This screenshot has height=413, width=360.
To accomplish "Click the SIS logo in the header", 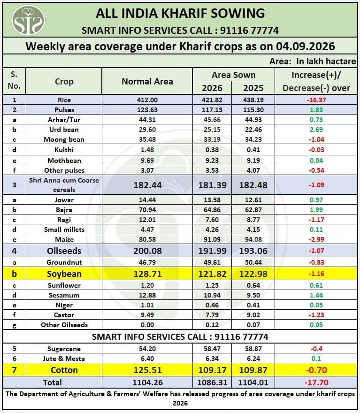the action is tap(28, 20).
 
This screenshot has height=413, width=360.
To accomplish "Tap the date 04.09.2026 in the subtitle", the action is tap(306, 46).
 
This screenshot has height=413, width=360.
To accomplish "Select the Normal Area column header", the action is tap(147, 81).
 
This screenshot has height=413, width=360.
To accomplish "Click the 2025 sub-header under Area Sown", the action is tap(253, 88).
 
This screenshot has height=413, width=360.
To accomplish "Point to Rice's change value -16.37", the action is tap(316, 100).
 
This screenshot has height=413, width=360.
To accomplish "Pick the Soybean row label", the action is tap(64, 274).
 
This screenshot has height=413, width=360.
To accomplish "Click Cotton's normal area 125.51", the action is tap(147, 370).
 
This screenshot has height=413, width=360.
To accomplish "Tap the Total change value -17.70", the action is tap(316, 382).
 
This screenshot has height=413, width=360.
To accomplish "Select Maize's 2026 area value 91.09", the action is tap(212, 239).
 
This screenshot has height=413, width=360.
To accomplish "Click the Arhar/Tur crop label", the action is tap(64, 120).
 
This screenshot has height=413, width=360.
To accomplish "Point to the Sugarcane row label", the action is tap(64, 349).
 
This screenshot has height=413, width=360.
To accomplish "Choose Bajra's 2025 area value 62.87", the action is tap(253, 210).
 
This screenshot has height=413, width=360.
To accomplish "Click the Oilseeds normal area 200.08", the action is tap(147, 251).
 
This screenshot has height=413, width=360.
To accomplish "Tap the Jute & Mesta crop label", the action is tap(64, 359).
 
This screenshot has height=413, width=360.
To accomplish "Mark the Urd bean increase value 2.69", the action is tap(316, 130).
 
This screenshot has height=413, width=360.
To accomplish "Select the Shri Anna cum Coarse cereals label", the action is tap(64, 185).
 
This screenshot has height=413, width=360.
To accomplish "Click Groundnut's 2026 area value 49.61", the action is tap(212, 262).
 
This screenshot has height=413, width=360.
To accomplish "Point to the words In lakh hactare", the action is tap(326, 61).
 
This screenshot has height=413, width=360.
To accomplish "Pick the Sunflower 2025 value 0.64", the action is tap(253, 285).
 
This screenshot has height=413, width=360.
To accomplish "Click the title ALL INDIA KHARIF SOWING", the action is tap(180, 14).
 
